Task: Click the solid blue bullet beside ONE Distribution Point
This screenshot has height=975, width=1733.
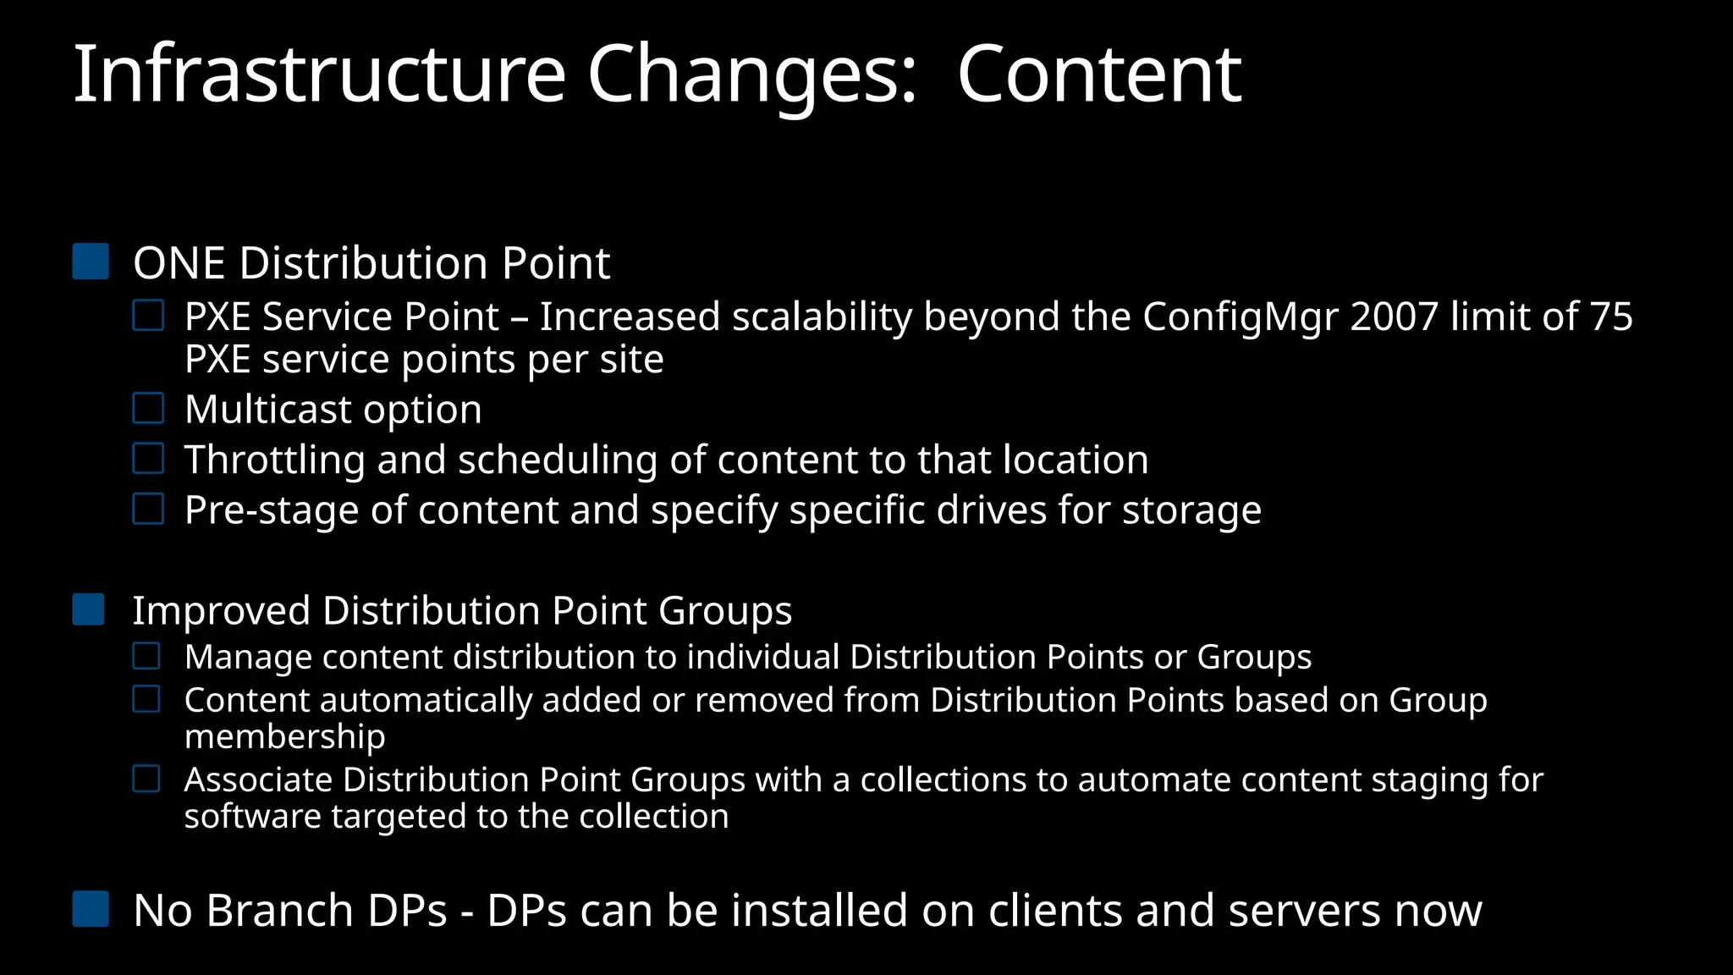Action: [x=91, y=262]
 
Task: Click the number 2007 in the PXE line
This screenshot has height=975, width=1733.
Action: [x=1395, y=317]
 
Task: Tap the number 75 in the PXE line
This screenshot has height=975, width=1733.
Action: [x=1610, y=317]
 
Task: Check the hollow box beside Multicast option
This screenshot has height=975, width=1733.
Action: [x=148, y=409]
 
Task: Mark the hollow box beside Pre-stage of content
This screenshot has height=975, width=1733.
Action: [x=148, y=510]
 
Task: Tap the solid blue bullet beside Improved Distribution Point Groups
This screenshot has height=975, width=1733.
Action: [x=89, y=609]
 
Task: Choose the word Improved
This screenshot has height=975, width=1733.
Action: [x=221, y=611]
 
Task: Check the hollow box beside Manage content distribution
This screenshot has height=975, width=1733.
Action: [x=146, y=656]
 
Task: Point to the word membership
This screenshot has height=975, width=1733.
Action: [x=284, y=736]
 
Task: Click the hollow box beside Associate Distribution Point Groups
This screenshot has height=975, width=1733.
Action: [x=146, y=779]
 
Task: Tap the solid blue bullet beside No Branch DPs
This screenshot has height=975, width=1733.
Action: [x=91, y=909]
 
